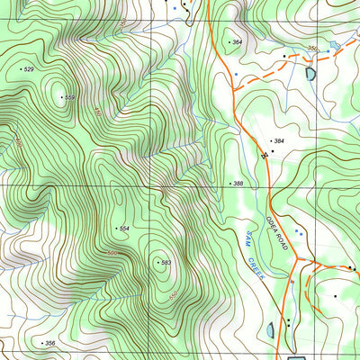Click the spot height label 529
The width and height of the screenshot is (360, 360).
[29, 69]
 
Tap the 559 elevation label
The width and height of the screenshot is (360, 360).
[68, 97]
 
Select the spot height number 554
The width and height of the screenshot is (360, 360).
[124, 229]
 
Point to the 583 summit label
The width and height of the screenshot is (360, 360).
[165, 263]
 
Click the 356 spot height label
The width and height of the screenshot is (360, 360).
[49, 344]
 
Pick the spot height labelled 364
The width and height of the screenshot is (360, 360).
[237, 42]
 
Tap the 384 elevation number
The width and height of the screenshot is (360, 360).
[279, 142]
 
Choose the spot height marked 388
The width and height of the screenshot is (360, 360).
[238, 184]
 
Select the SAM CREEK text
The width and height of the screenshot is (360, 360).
[252, 254]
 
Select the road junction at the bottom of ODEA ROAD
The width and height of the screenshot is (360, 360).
[298, 262]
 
